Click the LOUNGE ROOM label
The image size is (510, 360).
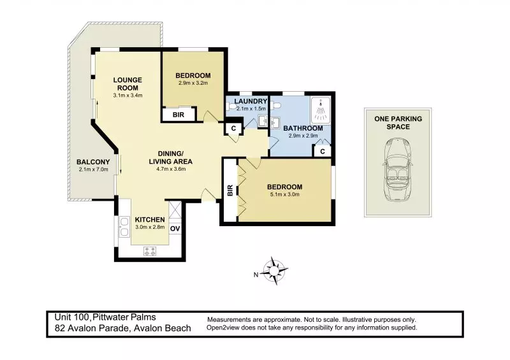coord(127,83)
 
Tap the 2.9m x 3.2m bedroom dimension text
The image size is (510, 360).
coord(193,83)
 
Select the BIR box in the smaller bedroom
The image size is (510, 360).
coord(175,115)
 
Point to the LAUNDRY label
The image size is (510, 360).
coord(245,101)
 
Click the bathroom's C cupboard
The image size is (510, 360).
coord(323,151)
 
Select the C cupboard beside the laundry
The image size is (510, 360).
coord(234,128)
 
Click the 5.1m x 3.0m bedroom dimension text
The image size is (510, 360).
coord(285,194)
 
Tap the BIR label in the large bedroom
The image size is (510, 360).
coord(229,191)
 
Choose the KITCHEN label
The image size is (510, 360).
coord(150,219)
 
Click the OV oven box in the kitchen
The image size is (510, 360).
coord(176,229)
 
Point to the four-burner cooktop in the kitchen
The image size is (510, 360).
coord(151,251)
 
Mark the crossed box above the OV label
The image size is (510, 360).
coord(175,210)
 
